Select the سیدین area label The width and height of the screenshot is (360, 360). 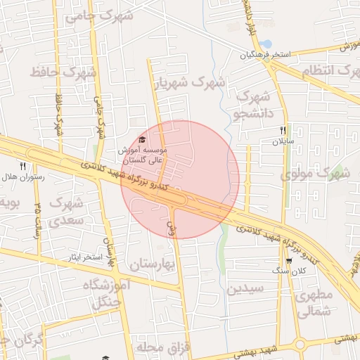(x=245, y=288)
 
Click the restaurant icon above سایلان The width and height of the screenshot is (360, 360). (x=283, y=130)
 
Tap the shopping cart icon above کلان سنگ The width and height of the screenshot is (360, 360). (x=288, y=261)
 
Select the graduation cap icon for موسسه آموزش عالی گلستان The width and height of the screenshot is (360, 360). (x=143, y=139)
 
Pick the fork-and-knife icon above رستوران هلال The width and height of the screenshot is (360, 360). (x=22, y=166)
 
